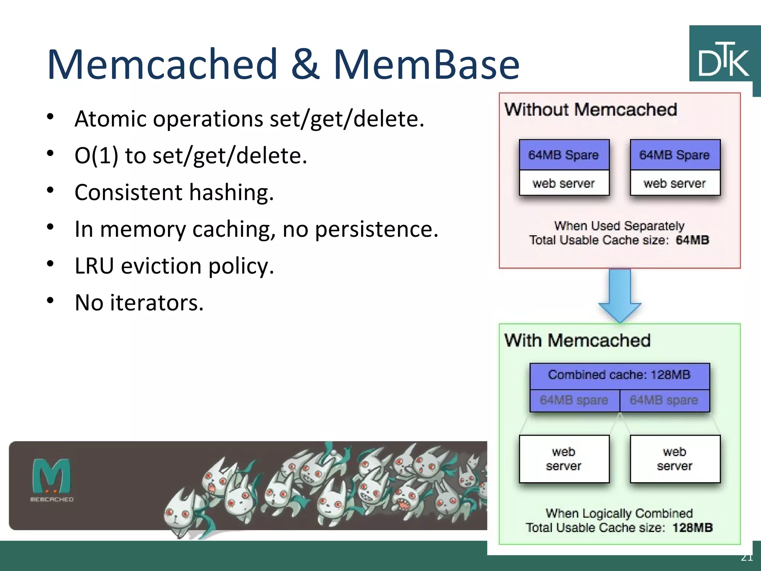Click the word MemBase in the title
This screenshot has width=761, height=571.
(426, 65)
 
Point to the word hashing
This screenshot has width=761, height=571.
(231, 193)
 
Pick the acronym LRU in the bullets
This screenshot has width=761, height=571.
(94, 266)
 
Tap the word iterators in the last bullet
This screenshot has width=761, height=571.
(156, 303)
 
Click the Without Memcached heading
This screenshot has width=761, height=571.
(590, 110)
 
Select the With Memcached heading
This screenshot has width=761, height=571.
(577, 341)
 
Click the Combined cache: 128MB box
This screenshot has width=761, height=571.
(619, 375)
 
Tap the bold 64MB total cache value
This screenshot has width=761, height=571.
(692, 240)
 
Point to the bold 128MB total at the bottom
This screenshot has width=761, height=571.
(692, 528)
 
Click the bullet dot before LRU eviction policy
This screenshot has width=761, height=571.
(51, 264)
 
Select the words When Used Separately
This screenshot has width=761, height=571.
(619, 226)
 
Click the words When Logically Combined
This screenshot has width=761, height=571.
(619, 513)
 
